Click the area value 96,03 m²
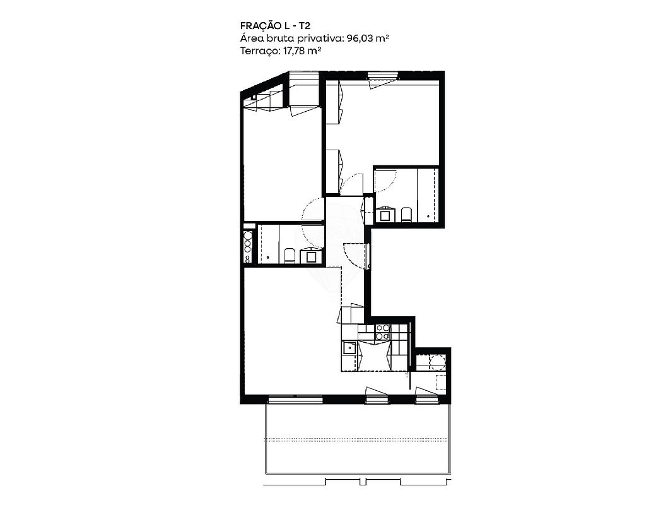tap(368, 39)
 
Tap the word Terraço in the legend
tap(259, 51)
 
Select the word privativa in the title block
tap(321, 39)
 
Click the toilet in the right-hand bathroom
tap(406, 215)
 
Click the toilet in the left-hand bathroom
tap(290, 255)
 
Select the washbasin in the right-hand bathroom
tap(387, 215)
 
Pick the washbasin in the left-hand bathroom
tap(309, 255)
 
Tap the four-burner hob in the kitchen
tap(382, 332)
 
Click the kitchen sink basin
tap(349, 348)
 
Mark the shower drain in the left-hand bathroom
tap(267, 257)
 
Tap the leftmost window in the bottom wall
tap(295, 400)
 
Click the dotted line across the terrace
tap(357, 440)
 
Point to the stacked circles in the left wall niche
tap(247, 246)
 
